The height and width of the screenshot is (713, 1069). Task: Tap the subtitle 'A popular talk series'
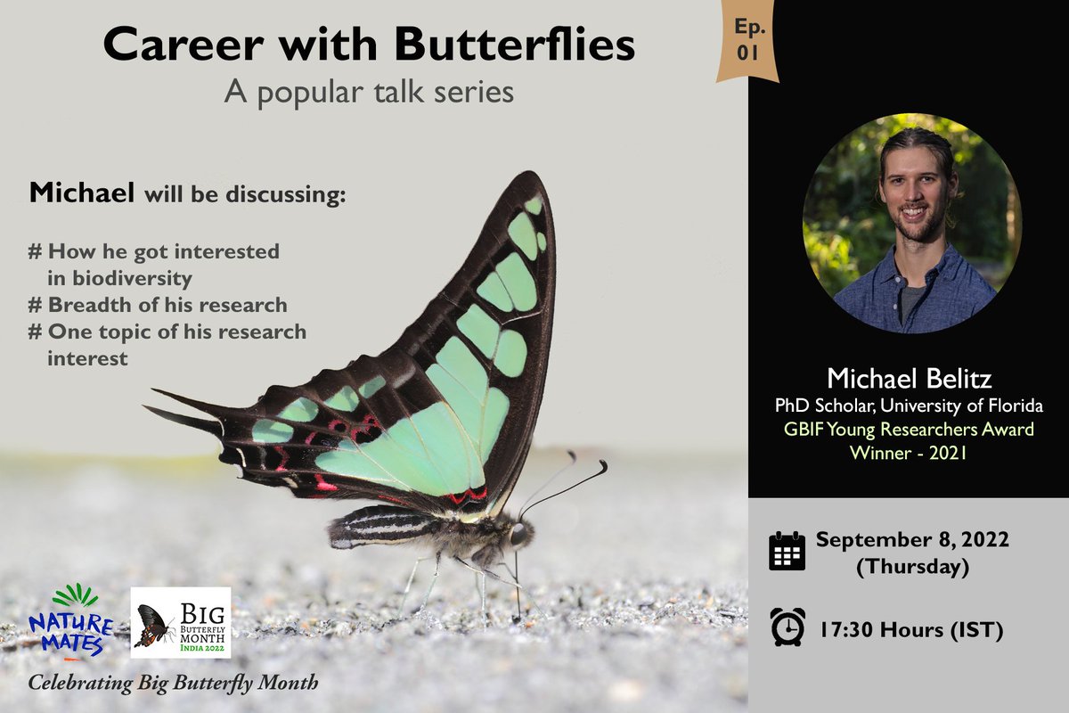[x=369, y=92]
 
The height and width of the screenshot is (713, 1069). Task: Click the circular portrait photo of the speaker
[x=911, y=223]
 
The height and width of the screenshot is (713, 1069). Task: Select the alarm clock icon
[x=787, y=626]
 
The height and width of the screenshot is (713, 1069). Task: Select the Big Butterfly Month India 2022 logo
[x=181, y=622]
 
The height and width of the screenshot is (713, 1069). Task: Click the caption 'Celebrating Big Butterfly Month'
[x=173, y=684]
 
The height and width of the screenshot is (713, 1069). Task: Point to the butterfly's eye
[x=518, y=535]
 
